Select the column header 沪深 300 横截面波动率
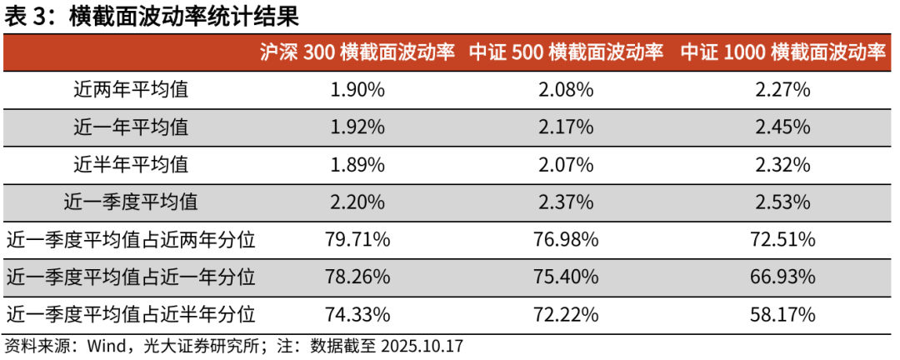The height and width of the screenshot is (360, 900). click(x=357, y=52)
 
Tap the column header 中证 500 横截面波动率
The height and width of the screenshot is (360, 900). click(x=566, y=52)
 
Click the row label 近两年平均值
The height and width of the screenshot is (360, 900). click(x=131, y=90)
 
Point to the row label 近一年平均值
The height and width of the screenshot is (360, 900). click(x=131, y=127)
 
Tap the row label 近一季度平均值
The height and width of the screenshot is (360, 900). click(x=131, y=202)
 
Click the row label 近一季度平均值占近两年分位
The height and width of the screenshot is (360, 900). click(x=131, y=240)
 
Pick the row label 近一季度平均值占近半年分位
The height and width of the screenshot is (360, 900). click(x=131, y=314)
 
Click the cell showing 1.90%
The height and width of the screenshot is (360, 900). click(x=357, y=90)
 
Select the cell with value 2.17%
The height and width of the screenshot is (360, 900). click(x=566, y=127)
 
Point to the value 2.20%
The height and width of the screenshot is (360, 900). click(x=357, y=202)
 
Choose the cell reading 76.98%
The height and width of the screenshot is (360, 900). click(x=566, y=240)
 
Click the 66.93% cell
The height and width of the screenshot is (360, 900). click(x=782, y=277)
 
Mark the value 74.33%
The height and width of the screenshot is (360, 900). click(x=357, y=314)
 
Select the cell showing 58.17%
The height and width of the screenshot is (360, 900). click(x=782, y=314)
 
